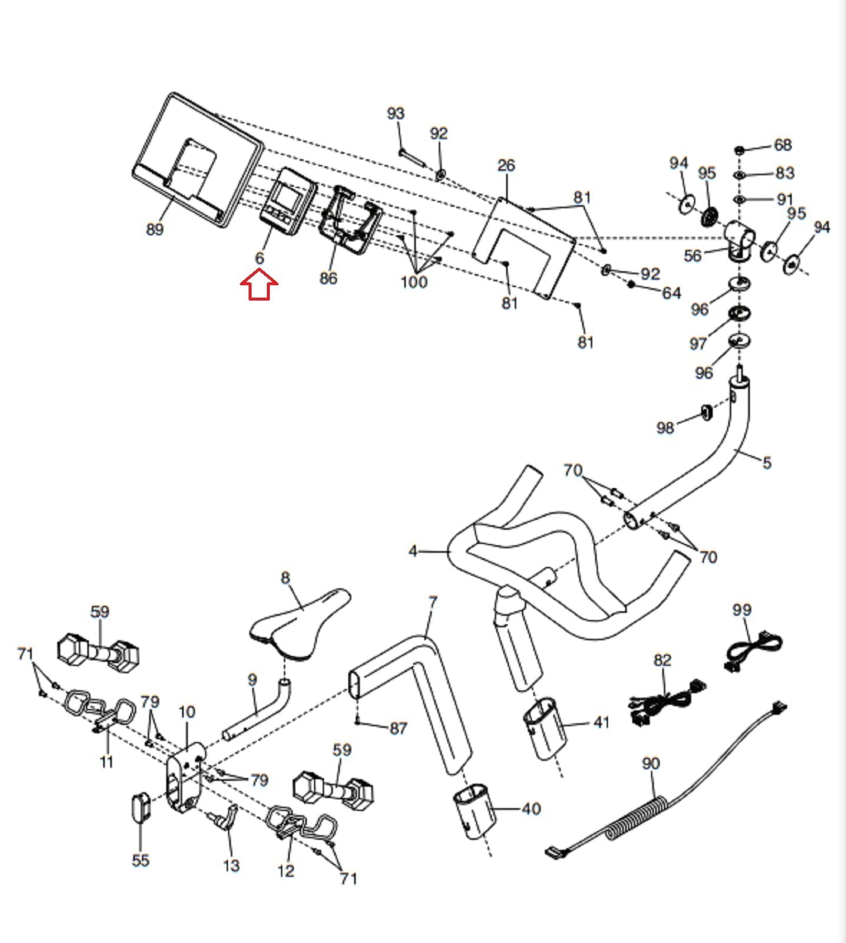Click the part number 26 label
[x=506, y=165]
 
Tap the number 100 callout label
[x=414, y=282]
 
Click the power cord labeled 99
[x=752, y=651]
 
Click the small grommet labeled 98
[x=706, y=412]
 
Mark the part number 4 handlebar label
[x=413, y=551]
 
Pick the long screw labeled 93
[x=412, y=157]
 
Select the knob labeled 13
[x=224, y=817]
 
